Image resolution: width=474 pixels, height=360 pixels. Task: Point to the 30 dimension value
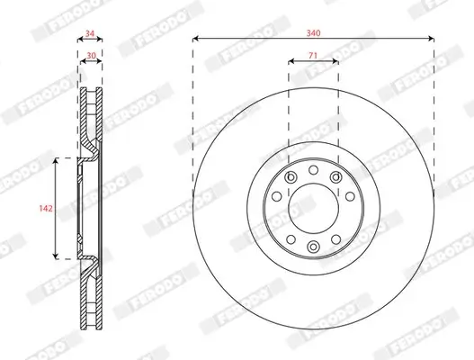89,54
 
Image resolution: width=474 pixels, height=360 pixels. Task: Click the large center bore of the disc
313,208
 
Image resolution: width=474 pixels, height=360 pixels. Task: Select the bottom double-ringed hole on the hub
313,247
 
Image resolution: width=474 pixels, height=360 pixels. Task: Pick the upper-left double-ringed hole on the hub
290,178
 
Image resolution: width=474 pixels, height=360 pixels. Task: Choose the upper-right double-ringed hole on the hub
336,178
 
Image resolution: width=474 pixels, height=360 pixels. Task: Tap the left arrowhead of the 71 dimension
291,63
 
